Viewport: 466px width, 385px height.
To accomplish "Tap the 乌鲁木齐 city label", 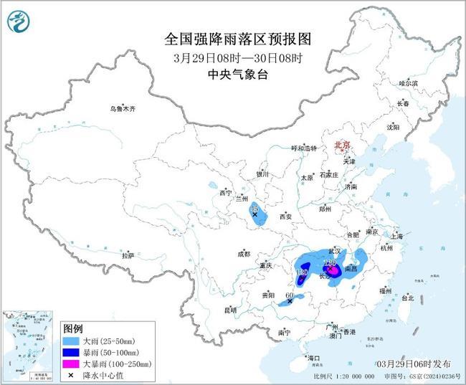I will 122,109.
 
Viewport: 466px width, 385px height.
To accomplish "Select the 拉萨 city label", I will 128,255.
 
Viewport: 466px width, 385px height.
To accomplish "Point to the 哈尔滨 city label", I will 407,84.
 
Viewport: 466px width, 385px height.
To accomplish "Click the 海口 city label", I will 313,357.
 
